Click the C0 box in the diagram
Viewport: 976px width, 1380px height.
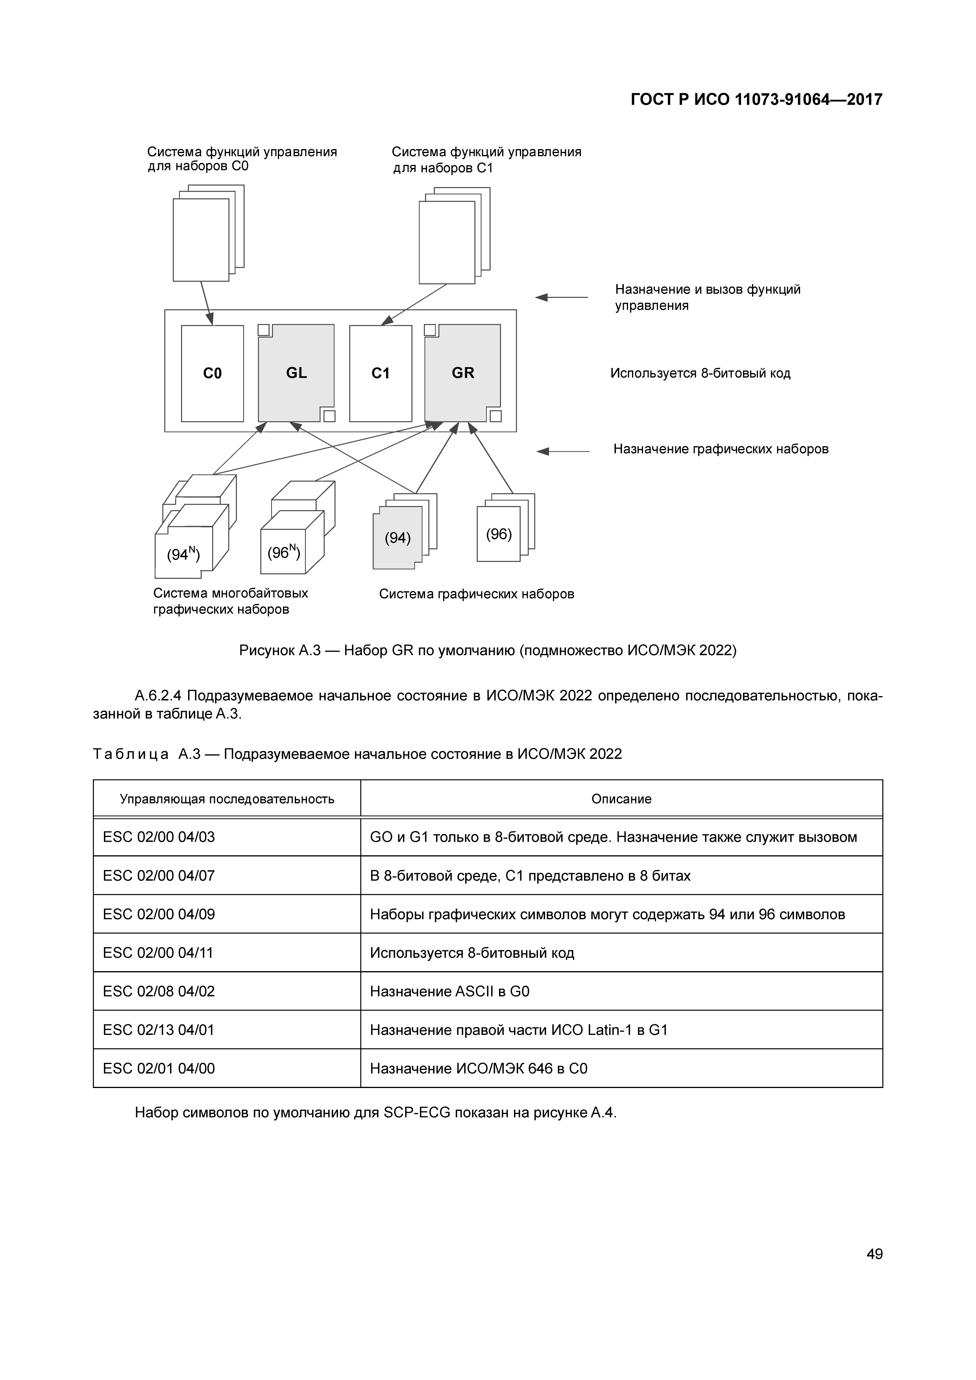coord(212,373)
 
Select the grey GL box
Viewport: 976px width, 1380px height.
coord(296,373)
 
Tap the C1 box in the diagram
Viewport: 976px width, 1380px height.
coord(381,373)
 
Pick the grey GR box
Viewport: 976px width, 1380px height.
coord(463,373)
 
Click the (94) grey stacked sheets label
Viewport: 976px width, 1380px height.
coord(397,538)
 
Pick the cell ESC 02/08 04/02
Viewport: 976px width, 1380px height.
coord(159,991)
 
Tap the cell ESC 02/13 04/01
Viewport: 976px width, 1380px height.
coord(159,1030)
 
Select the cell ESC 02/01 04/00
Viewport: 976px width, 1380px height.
coord(159,1068)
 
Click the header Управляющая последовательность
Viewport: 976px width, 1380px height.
coord(227,799)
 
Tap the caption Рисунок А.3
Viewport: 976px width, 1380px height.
coord(487,650)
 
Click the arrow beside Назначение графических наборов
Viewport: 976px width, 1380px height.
coord(562,451)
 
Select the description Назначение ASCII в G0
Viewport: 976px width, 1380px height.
coord(449,991)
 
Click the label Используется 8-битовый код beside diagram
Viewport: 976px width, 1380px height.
coord(700,373)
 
